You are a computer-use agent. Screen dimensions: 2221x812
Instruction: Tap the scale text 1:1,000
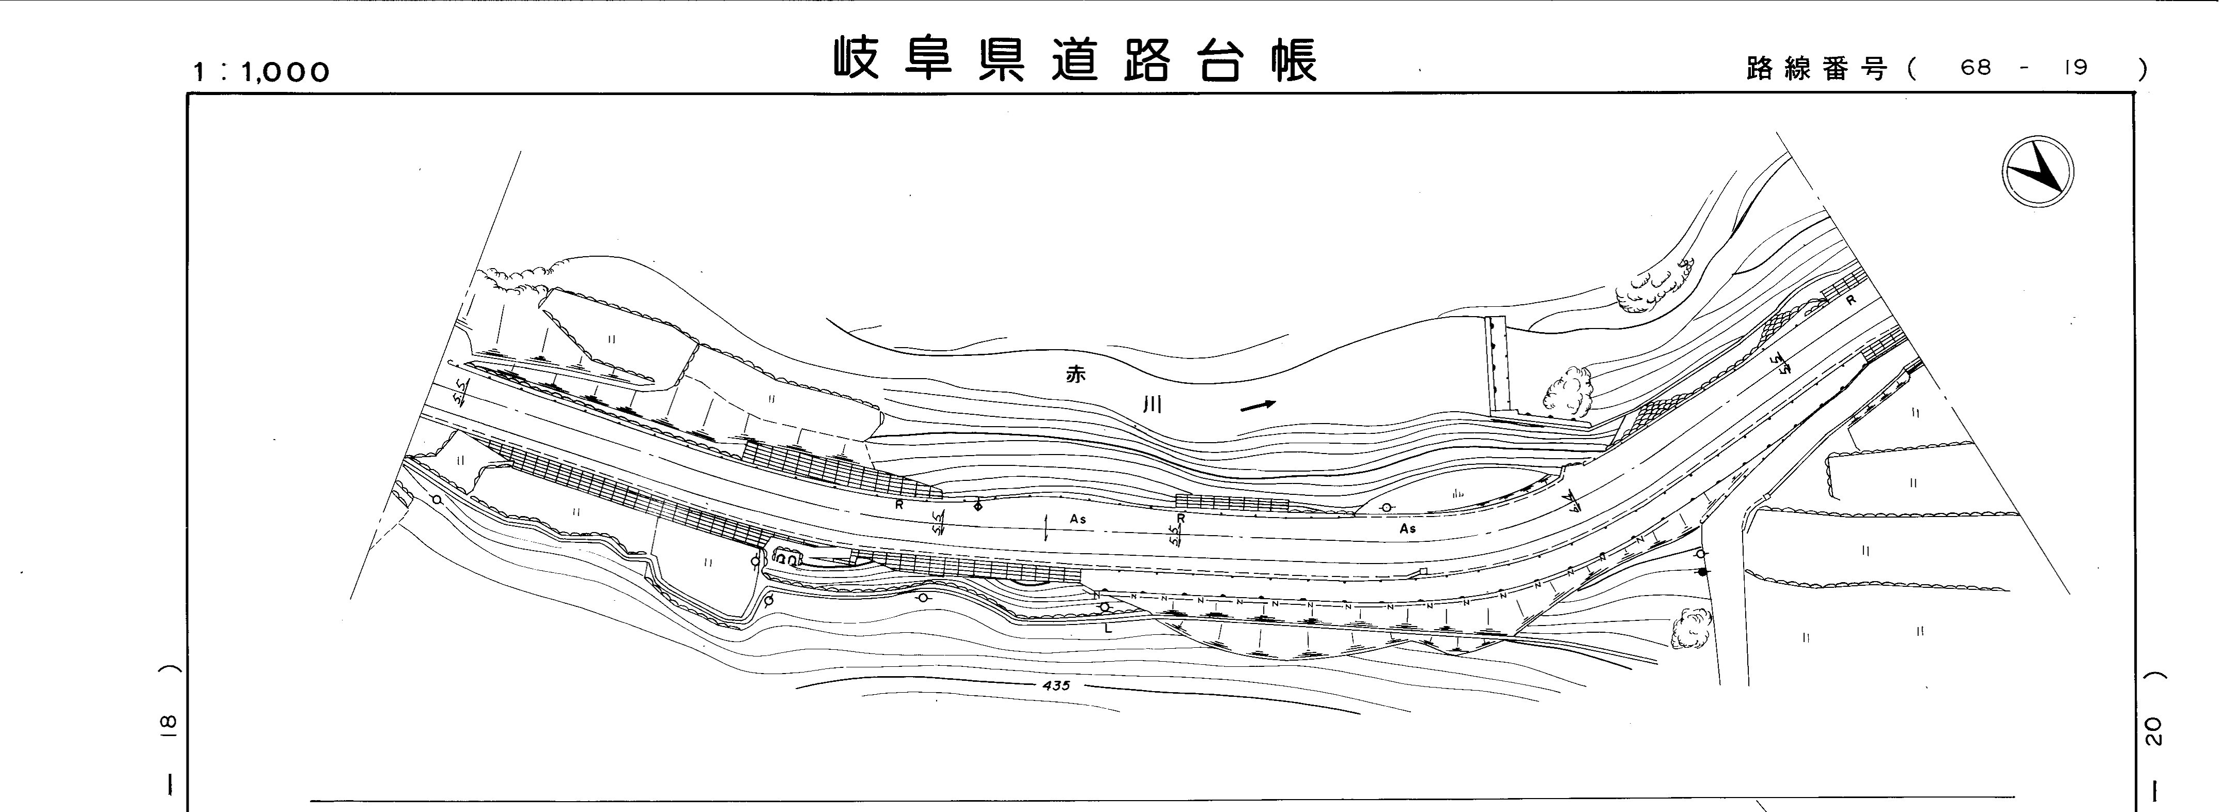tap(261, 72)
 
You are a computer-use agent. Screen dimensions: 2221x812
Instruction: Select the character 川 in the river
tap(1152, 404)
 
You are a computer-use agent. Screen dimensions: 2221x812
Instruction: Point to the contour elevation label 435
tap(1055, 685)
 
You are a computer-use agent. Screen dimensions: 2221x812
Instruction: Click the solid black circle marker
tap(1702, 571)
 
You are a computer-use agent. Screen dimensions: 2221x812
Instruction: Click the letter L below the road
tap(1109, 629)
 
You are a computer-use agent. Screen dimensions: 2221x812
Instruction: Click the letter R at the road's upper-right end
tap(1850, 301)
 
